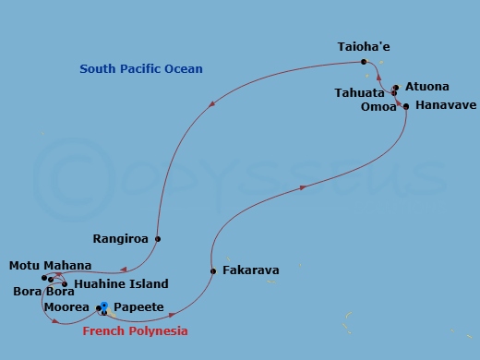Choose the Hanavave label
click(x=446, y=105)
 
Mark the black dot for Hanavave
click(x=406, y=107)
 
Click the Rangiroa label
click(x=121, y=238)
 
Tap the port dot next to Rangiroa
click(x=158, y=239)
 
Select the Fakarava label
click(x=249, y=271)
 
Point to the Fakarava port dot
click(x=213, y=271)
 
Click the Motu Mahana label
click(x=50, y=266)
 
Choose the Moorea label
click(x=66, y=307)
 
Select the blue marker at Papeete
click(x=104, y=306)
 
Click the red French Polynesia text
click(x=136, y=331)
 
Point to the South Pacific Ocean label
click(x=141, y=69)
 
